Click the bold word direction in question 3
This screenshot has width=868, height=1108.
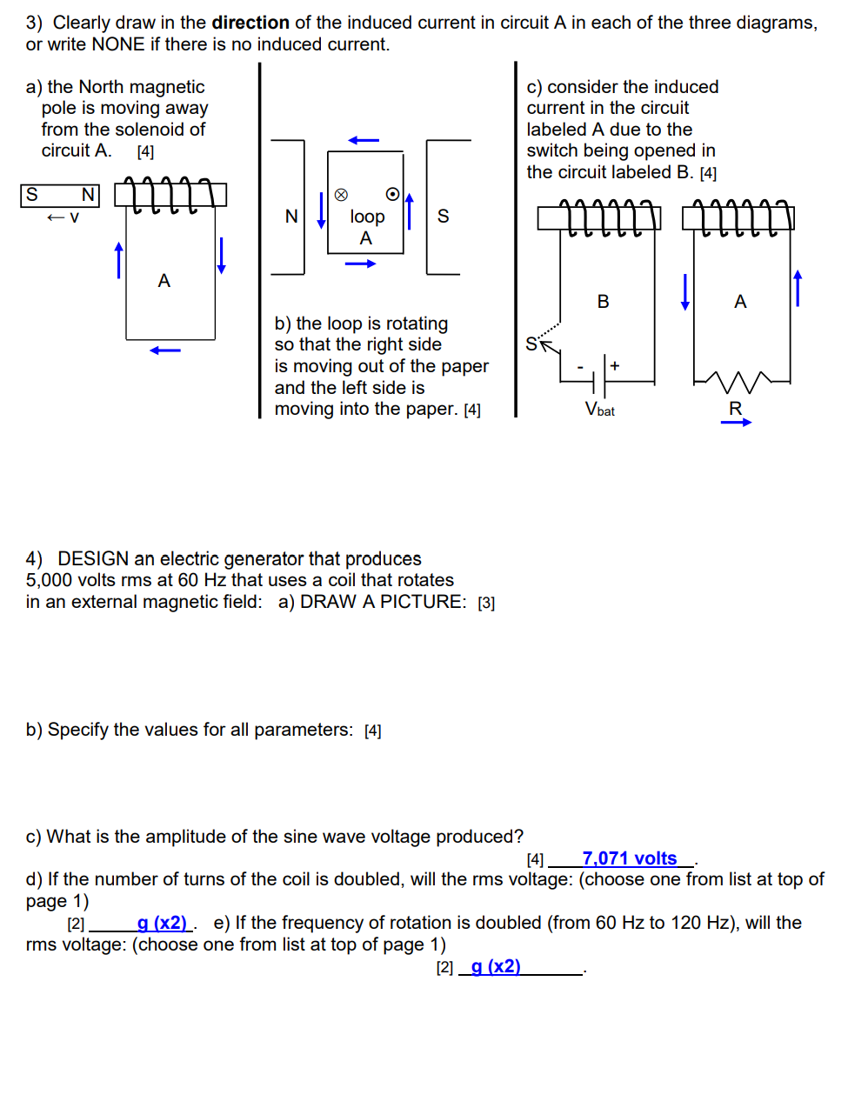(250, 23)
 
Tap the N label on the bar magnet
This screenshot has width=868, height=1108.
(88, 195)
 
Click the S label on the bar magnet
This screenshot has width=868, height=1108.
(32, 195)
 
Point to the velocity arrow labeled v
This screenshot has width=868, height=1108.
(63, 217)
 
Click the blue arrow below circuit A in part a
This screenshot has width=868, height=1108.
(164, 350)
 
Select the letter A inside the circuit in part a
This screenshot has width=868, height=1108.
(164, 281)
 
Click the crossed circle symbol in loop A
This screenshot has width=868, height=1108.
(341, 195)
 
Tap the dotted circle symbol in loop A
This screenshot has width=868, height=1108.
(392, 194)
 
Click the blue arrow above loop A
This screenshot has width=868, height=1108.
(364, 140)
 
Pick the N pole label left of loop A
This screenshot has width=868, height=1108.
(291, 217)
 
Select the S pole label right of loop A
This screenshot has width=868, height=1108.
(443, 217)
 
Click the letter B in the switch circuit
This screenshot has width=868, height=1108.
(603, 302)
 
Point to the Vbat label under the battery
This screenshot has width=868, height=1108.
(599, 410)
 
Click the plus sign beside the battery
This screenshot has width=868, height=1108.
(615, 365)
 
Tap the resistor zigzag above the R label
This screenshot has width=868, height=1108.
(737, 380)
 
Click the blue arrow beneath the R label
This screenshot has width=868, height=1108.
(736, 423)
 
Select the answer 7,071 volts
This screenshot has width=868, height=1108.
(629, 858)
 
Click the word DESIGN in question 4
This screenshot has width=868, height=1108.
(93, 558)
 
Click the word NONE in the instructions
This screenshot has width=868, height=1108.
(117, 44)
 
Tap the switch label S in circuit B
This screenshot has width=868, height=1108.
(531, 344)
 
